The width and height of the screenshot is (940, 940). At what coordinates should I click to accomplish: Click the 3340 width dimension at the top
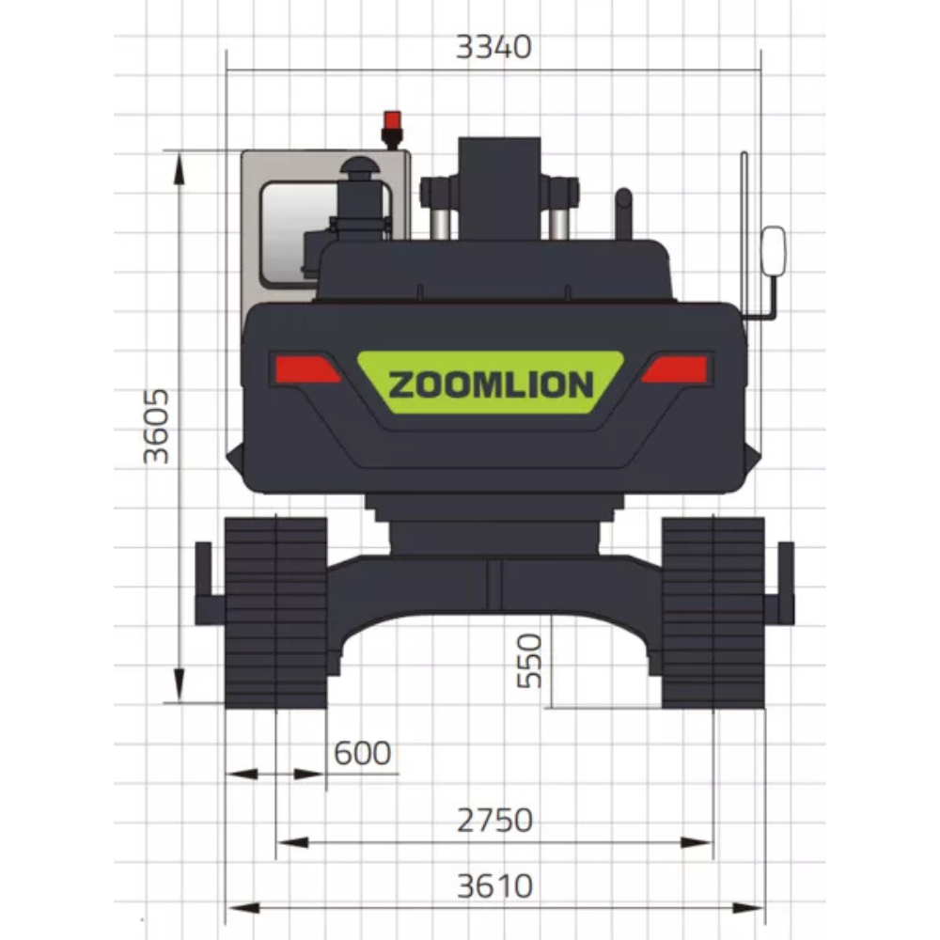(493, 47)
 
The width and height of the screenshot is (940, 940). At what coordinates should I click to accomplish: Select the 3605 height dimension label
(156, 426)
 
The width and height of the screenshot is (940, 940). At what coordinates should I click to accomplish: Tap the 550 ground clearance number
(529, 661)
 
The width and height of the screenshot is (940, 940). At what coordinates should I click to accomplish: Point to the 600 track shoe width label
(362, 753)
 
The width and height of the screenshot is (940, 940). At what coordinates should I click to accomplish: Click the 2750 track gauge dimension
(494, 820)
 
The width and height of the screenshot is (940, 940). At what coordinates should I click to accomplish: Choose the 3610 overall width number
(494, 886)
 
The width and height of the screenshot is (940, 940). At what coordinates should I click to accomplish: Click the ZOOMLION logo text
(491, 384)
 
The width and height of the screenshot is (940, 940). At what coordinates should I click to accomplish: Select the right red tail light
(675, 368)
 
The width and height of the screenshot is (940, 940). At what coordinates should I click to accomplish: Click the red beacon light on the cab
(392, 128)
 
